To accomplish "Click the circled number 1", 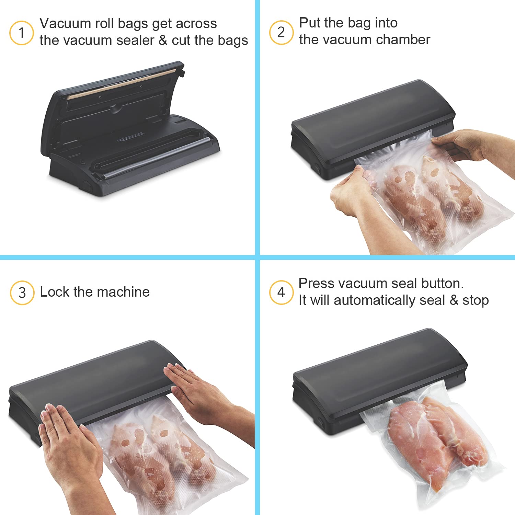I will tap(21, 33).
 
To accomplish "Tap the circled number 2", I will tap(281, 32).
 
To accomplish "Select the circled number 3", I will tap(22, 293).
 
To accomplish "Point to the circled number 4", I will tap(281, 292).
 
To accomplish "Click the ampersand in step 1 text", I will tap(163, 41).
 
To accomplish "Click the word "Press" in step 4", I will tap(316, 283).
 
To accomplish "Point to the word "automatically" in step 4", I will tap(375, 300).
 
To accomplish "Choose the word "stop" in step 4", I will tap(476, 300).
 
